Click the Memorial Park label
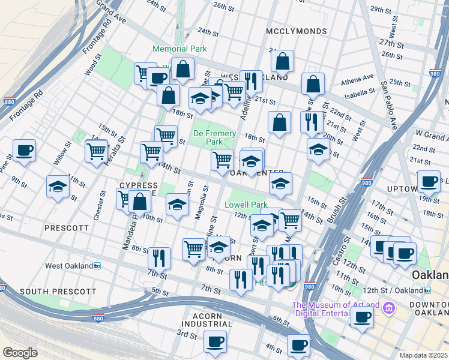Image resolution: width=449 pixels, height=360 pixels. pos(179,49)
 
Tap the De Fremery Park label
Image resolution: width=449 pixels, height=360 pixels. pos(207,137)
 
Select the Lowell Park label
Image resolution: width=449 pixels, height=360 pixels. pos(246,205)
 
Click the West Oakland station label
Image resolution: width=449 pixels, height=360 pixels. pos(70,265)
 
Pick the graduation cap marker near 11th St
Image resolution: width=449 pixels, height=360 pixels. pos(58,187)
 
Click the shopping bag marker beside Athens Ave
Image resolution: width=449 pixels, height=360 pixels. pos(313,85)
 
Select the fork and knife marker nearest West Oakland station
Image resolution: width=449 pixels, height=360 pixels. pos(159,258)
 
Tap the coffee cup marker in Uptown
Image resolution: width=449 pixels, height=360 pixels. pos(429,181)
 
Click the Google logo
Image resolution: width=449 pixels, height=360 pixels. pos(20,352)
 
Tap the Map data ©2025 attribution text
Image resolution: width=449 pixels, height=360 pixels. pos(423,355)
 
